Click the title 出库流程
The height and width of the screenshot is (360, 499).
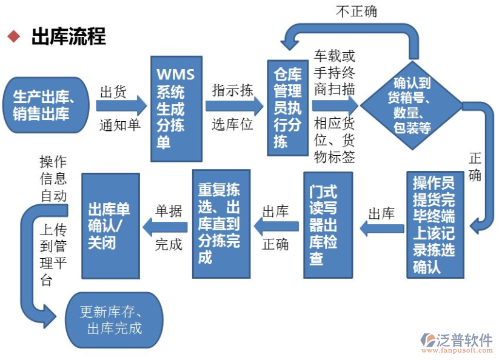pos(69,36)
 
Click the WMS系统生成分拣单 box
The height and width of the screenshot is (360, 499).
pos(176,108)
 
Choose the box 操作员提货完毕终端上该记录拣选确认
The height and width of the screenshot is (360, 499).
pos(434,225)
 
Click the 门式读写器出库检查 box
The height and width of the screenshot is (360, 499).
pos(328,225)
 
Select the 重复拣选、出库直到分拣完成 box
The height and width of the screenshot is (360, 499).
pos(221,224)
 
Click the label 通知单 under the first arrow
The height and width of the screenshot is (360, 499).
pos(120,125)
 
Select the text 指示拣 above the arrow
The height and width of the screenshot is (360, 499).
pos(232,90)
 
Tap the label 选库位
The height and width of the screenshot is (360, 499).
pos(232,125)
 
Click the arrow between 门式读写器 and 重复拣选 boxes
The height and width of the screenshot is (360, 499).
pos(276,227)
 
